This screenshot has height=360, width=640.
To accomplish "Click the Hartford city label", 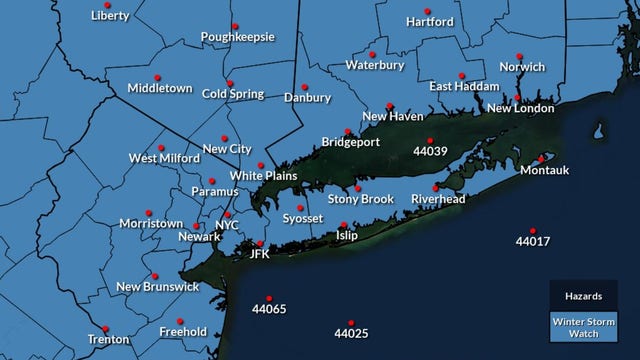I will (431, 22).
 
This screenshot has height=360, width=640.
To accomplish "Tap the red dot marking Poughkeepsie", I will (235, 25).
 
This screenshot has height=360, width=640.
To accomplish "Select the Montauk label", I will (545, 171).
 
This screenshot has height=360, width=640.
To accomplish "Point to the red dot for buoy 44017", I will (533, 228).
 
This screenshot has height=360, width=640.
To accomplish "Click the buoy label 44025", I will (352, 333).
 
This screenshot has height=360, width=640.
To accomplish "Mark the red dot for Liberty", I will (109, 4).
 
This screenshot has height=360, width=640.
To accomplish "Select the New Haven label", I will (392, 117).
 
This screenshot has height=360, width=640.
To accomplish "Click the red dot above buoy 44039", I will (430, 140).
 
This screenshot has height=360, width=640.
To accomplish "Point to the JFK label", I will (260, 255).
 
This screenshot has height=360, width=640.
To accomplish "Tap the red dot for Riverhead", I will (435, 187).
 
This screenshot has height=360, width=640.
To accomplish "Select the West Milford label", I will (161, 159).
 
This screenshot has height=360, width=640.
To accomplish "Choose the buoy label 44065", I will (269, 309).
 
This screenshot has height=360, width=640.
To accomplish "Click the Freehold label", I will (183, 332).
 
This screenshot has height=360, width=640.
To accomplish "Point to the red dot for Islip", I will (343, 225).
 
